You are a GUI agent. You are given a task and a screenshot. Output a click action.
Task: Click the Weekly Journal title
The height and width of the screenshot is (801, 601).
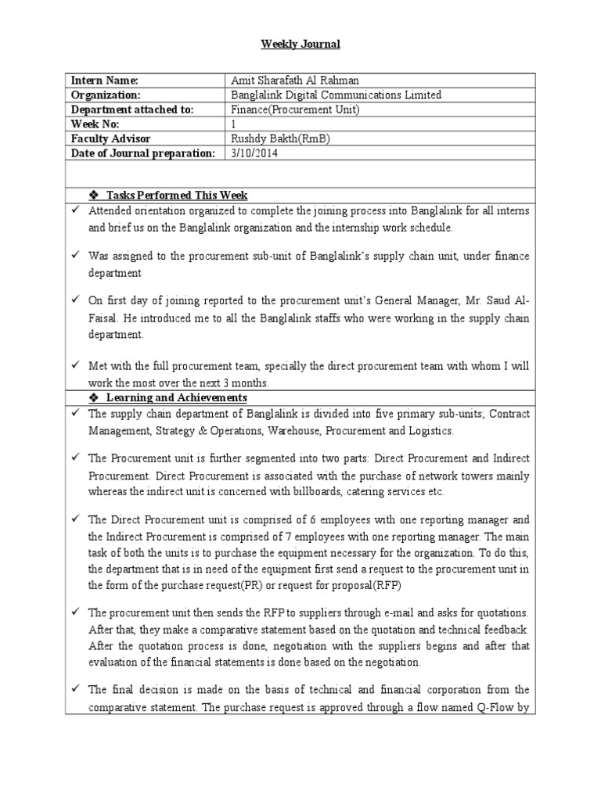pyautogui.click(x=300, y=45)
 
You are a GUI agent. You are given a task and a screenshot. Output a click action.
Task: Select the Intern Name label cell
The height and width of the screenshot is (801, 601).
pyautogui.click(x=105, y=81)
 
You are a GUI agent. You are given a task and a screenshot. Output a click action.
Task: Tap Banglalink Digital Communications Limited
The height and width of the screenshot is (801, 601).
pyautogui.click(x=336, y=95)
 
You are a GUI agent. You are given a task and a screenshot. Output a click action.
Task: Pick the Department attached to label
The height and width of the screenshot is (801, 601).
pyautogui.click(x=131, y=110)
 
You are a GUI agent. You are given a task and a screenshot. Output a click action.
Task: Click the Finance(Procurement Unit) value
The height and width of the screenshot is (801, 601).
pyautogui.click(x=295, y=110)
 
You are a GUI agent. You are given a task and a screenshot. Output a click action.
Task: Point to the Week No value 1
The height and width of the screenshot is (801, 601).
pyautogui.click(x=233, y=124)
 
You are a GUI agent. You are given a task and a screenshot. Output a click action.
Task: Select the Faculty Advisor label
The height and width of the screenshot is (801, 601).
pyautogui.click(x=110, y=139)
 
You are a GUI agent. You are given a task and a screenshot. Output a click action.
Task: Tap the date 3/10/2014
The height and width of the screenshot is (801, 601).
pyautogui.click(x=254, y=154)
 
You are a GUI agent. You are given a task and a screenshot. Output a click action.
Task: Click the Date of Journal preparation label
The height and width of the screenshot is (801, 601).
pyautogui.click(x=142, y=154)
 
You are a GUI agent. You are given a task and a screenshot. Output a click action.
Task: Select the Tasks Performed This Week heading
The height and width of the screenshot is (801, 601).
pyautogui.click(x=178, y=195)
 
